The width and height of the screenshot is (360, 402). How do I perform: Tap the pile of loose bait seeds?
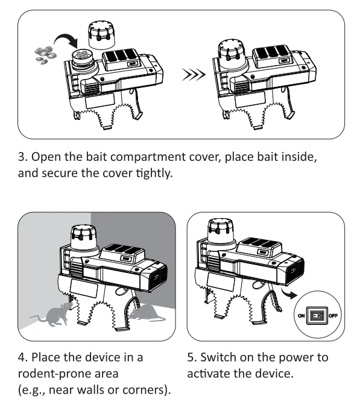46,55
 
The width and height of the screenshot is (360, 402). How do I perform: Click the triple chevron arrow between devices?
193,75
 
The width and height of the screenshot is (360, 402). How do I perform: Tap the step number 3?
23,157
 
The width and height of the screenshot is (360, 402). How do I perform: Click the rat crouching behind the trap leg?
147,313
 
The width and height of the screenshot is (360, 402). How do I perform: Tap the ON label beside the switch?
302,316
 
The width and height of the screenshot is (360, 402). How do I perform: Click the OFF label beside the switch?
333,316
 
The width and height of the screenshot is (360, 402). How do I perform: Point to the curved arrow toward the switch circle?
289,294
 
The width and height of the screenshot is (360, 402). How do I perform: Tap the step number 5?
192,357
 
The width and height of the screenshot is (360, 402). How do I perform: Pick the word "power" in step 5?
295,358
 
